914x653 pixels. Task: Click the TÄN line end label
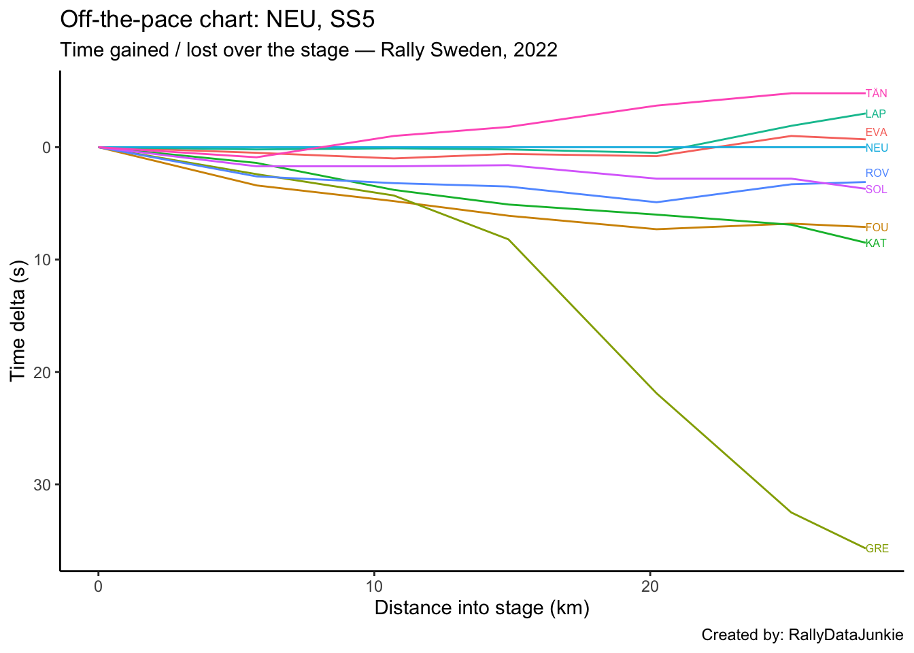[876, 94]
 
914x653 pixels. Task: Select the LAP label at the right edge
[876, 114]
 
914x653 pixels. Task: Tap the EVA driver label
[876, 133]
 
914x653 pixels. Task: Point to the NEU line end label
[877, 148]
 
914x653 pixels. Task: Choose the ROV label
[877, 173]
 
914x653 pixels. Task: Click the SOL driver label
[876, 190]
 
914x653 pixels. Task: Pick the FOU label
[877, 228]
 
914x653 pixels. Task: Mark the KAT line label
[876, 244]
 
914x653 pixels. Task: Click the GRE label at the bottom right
[877, 549]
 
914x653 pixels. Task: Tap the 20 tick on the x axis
[650, 586]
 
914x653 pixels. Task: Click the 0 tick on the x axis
[99, 586]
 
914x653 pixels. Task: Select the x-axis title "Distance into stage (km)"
[481, 607]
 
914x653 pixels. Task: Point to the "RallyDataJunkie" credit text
[845, 635]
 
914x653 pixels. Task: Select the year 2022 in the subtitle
[535, 50]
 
